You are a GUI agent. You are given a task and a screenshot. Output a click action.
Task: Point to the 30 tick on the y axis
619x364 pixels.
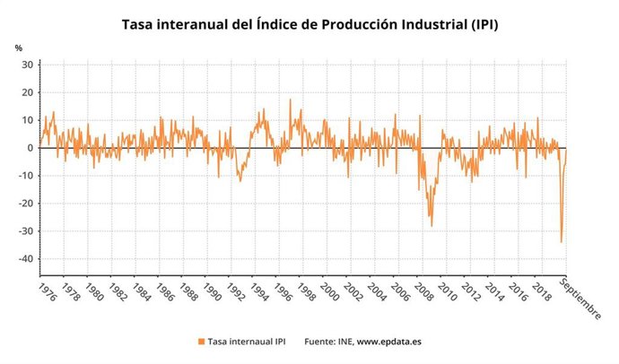point(27,65)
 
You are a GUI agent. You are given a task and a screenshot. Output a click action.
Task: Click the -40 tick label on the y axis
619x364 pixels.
point(24,259)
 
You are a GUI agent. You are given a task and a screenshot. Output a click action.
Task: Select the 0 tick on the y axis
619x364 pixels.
point(30,148)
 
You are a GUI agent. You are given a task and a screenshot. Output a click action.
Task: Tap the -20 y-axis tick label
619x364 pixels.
point(24,204)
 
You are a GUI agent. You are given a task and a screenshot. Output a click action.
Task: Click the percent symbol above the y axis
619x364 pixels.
point(18,47)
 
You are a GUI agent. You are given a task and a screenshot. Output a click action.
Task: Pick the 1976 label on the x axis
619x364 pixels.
point(46,292)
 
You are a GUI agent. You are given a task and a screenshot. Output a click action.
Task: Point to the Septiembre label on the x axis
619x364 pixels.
point(580,298)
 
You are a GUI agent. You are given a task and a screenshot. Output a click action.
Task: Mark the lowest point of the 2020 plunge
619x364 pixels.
point(562,241)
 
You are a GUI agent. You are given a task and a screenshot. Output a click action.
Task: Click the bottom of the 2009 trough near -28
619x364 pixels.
point(432,225)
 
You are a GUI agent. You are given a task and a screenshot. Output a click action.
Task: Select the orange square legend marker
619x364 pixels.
point(200,342)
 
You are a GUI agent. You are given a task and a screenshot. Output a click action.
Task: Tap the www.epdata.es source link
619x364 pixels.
point(391,342)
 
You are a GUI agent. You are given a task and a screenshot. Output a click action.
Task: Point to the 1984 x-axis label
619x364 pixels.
point(142,292)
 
